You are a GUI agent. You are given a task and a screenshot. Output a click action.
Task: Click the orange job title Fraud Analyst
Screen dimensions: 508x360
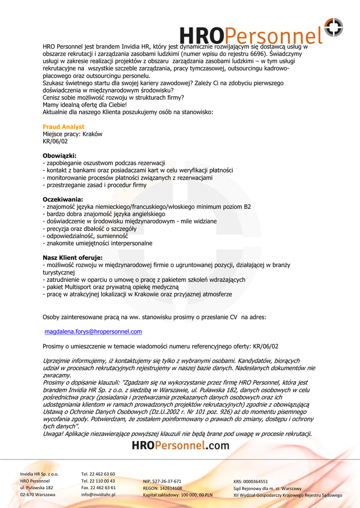pyautogui.click(x=64, y=127)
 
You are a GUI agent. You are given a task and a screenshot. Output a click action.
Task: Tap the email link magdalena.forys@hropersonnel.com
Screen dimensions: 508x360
pyautogui.click(x=93, y=331)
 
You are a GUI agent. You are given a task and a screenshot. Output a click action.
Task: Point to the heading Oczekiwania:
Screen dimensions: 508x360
pyautogui.click(x=63, y=199)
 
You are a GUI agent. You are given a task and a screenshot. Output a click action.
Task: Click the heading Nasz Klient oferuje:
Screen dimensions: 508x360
pyautogui.click(x=72, y=258)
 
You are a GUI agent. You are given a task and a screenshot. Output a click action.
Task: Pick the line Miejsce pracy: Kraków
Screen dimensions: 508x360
pyautogui.click(x=72, y=134)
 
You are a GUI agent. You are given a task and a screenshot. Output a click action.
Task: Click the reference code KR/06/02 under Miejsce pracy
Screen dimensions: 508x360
pyautogui.click(x=55, y=141)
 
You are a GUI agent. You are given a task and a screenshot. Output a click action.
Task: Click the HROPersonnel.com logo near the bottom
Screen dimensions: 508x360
pyautogui.click(x=181, y=445)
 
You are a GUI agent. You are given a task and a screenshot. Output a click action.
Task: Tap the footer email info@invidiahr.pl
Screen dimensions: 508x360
pyautogui.click(x=98, y=495)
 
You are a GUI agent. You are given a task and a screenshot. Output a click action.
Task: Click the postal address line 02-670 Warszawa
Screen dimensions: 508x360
pyautogui.click(x=38, y=495)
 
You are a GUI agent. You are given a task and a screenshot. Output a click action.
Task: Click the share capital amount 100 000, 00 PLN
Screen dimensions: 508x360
pyautogui.click(x=194, y=495)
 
